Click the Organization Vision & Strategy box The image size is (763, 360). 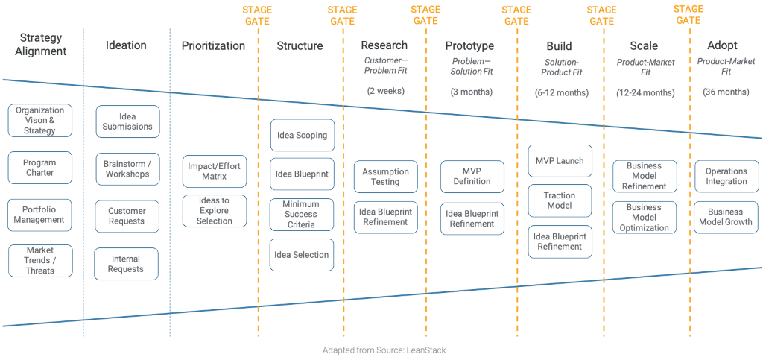(40, 121)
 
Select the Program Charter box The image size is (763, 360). (40, 168)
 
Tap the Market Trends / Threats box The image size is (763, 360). (40, 261)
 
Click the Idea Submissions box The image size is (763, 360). (127, 121)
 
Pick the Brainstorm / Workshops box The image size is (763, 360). (127, 169)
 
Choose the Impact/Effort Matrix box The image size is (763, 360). (215, 171)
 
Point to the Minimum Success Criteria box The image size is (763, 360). (302, 215)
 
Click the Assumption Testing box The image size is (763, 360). (385, 177)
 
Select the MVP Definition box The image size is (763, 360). (472, 177)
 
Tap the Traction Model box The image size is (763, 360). (560, 200)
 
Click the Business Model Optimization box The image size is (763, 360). (645, 218)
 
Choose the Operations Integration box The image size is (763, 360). (726, 177)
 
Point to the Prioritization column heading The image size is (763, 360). (213, 46)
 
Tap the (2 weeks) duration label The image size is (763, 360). (384, 92)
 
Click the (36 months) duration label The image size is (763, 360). (726, 92)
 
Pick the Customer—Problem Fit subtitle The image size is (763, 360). (386, 66)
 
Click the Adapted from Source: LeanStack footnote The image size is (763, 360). (384, 350)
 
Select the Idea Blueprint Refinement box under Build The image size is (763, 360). (560, 241)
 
